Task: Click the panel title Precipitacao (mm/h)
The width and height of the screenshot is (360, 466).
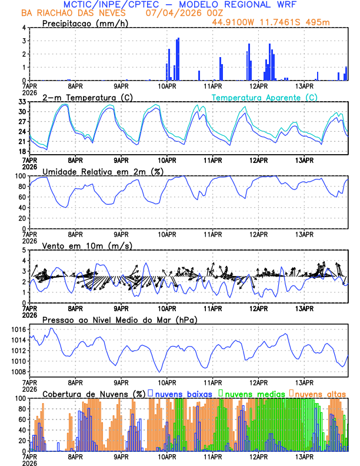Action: tap(85, 23)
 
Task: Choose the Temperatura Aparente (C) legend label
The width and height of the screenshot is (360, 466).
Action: tap(265, 97)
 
